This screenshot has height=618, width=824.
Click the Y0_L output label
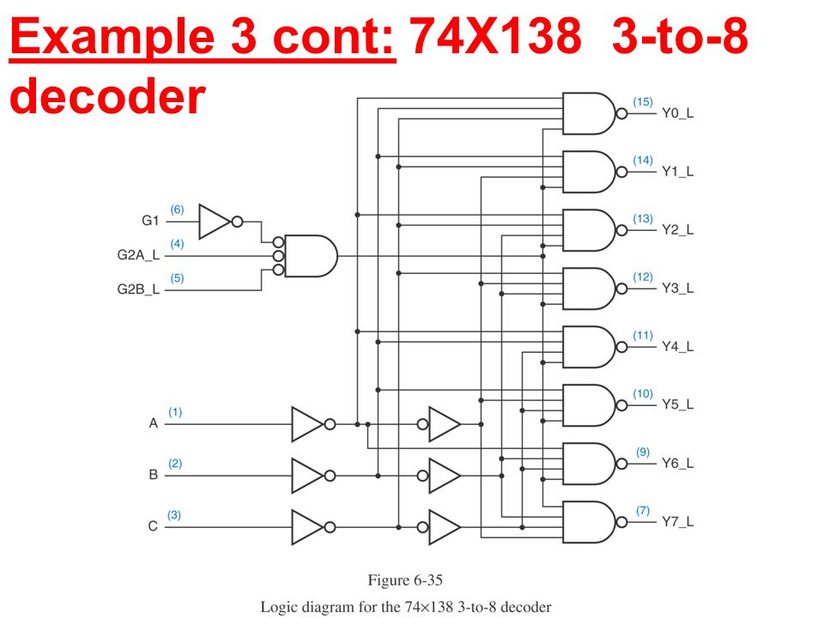(677, 113)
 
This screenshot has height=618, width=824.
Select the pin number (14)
(643, 161)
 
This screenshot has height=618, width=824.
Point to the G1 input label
(150, 221)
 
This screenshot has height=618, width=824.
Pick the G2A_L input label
(138, 256)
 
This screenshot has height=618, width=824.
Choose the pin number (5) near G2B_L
(177, 278)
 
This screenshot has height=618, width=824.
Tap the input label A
(154, 423)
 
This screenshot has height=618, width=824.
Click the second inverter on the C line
(439, 527)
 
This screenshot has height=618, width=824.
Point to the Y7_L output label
(677, 522)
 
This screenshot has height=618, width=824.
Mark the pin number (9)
(643, 452)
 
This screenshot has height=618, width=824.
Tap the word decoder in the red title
(108, 95)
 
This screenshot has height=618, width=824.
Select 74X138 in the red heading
(495, 36)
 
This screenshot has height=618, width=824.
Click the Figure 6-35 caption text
(405, 580)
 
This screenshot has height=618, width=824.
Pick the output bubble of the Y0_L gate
(621, 113)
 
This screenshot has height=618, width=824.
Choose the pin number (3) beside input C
(174, 515)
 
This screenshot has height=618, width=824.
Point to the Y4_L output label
(677, 347)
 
